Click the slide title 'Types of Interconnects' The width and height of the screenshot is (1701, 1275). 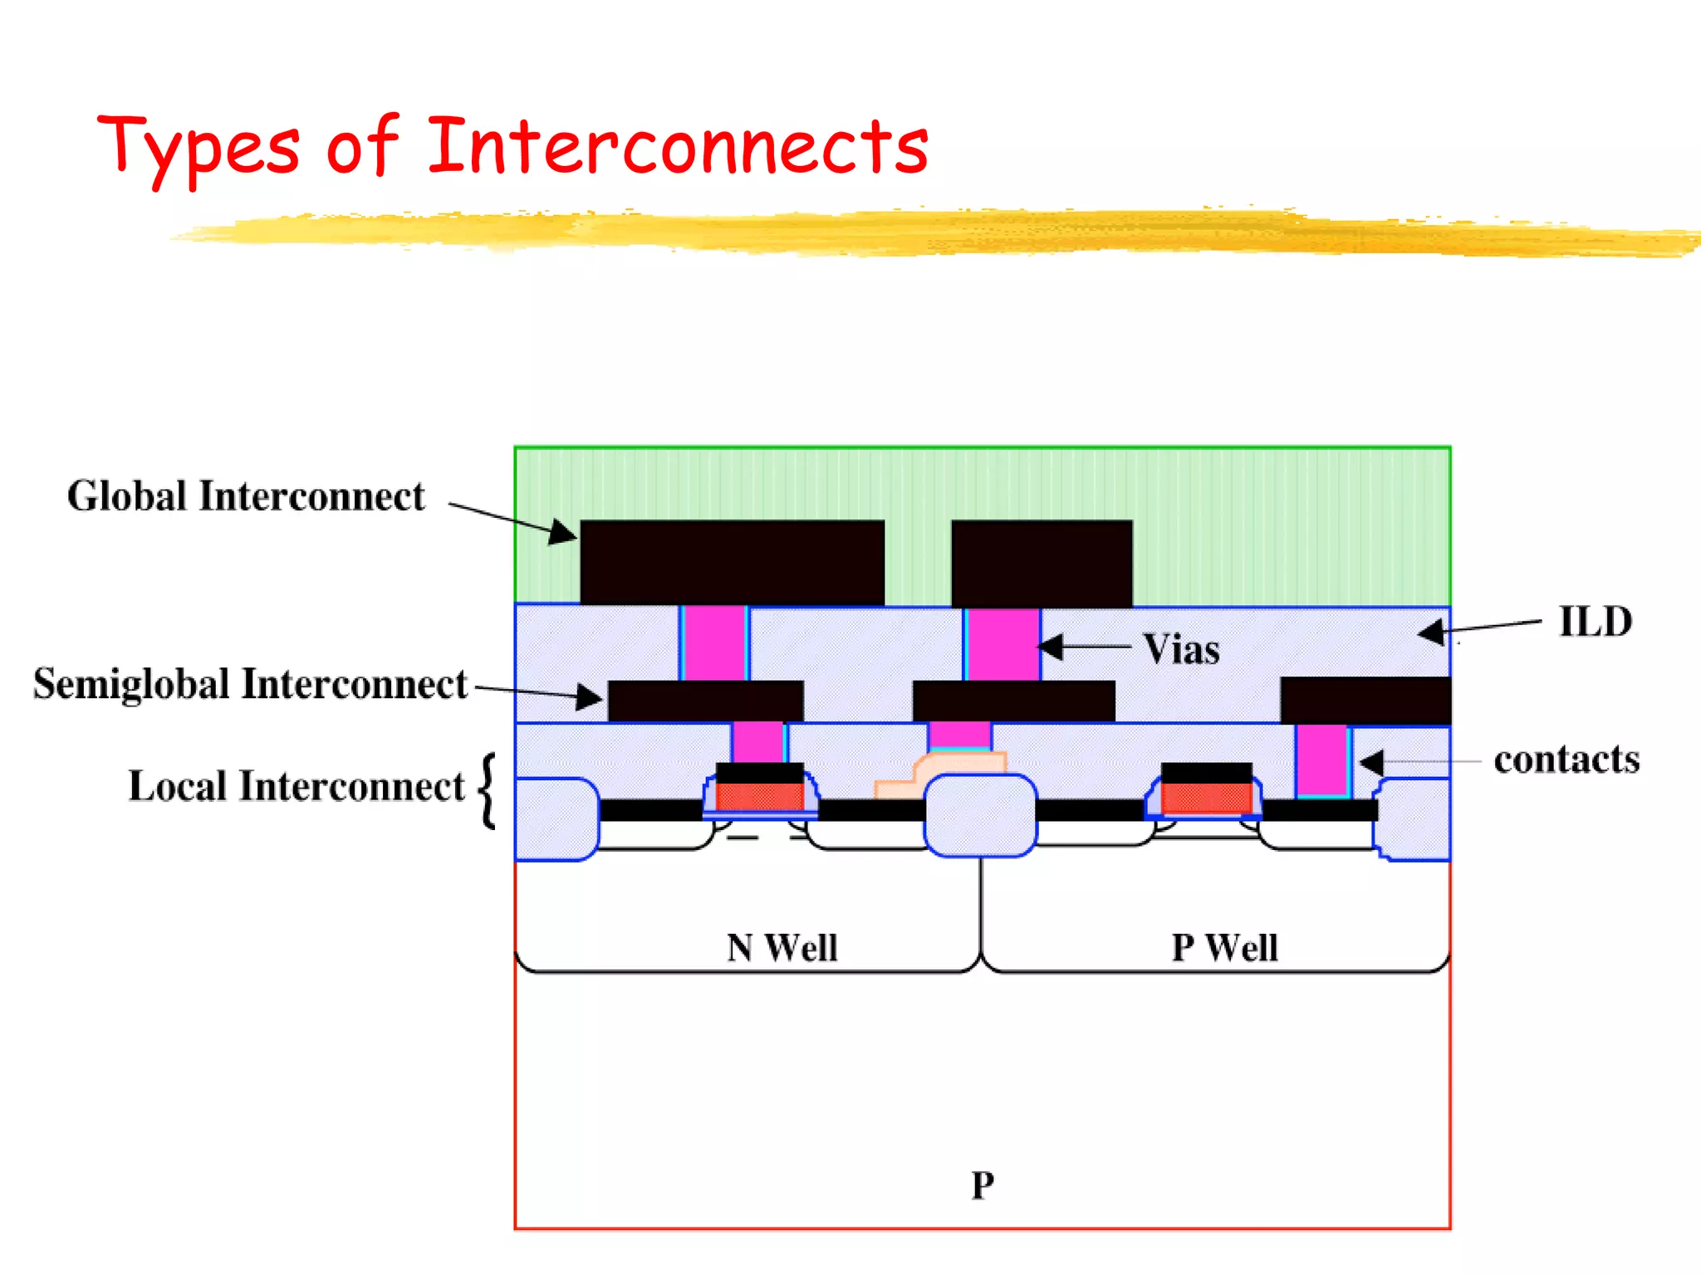[512, 148]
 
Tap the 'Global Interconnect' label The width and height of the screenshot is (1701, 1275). [246, 496]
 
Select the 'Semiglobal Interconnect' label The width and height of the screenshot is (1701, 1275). [250, 684]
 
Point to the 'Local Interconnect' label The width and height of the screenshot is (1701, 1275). [296, 786]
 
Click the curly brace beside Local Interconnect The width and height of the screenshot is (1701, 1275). [488, 790]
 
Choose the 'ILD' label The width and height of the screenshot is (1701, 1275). [1595, 622]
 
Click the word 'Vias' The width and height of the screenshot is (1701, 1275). [1181, 649]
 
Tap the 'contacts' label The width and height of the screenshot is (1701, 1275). [1566, 760]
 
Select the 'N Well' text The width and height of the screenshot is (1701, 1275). [782, 947]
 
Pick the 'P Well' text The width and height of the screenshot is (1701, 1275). [1224, 947]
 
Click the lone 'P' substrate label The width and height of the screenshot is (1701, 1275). [983, 1185]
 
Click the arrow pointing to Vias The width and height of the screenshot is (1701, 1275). [1084, 646]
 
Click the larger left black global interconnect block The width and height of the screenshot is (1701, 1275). [732, 562]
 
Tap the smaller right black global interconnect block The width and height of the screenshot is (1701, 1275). [1042, 563]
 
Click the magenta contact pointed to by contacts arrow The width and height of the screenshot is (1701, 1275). [1321, 760]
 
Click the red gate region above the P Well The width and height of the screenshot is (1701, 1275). [1206, 798]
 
